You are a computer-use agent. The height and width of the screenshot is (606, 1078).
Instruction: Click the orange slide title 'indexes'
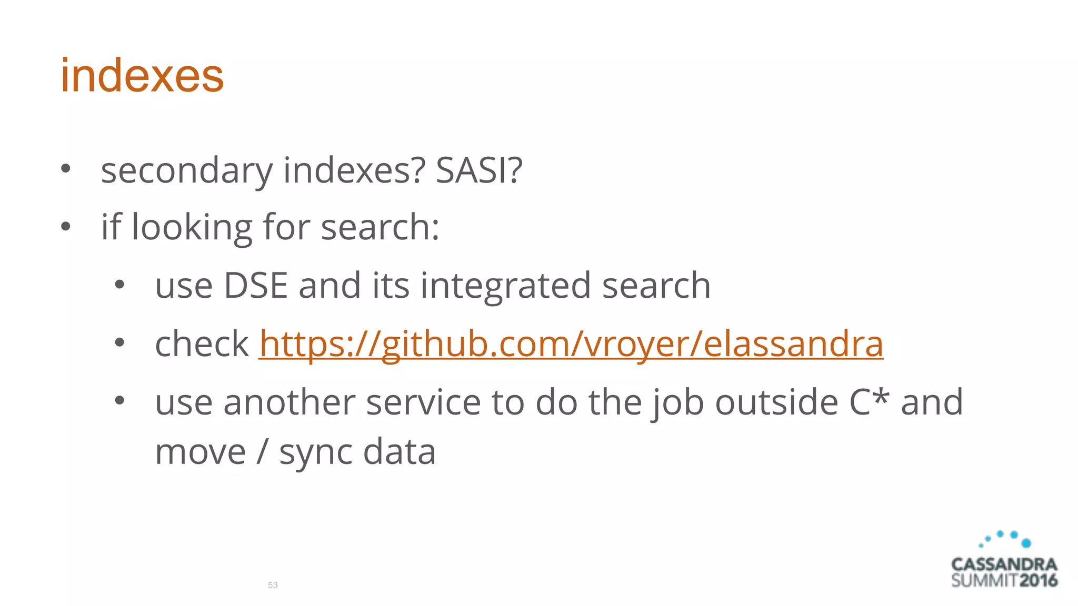pyautogui.click(x=142, y=76)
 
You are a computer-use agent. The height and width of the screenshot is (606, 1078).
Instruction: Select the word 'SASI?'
pyautogui.click(x=479, y=170)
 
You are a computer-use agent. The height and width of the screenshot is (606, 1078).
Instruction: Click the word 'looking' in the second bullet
pyautogui.click(x=192, y=228)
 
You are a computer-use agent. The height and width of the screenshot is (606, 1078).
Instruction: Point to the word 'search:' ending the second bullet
pyautogui.click(x=380, y=228)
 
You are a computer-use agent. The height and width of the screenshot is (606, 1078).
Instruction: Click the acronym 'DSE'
pyautogui.click(x=256, y=286)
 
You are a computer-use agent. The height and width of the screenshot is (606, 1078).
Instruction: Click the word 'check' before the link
pyautogui.click(x=202, y=344)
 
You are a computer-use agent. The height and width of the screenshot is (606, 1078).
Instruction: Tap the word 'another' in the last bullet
pyautogui.click(x=289, y=402)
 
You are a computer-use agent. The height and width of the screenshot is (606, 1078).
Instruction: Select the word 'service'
pyautogui.click(x=423, y=402)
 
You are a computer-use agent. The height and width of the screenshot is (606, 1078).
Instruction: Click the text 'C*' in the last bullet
pyautogui.click(x=869, y=402)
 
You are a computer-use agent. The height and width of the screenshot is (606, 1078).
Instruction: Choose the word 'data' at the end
pyautogui.click(x=400, y=452)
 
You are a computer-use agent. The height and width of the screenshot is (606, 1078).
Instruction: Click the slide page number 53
pyautogui.click(x=273, y=585)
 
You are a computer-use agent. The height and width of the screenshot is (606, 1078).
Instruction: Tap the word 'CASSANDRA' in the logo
pyautogui.click(x=1004, y=564)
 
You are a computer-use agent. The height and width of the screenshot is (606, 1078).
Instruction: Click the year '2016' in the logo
pyautogui.click(x=1038, y=581)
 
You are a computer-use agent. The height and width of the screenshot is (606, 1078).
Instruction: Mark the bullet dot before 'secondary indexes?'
pyautogui.click(x=65, y=168)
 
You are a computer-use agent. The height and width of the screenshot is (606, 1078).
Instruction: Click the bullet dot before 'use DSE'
pyautogui.click(x=119, y=285)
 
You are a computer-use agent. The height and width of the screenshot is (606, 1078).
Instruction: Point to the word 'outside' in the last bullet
pyautogui.click(x=776, y=402)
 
